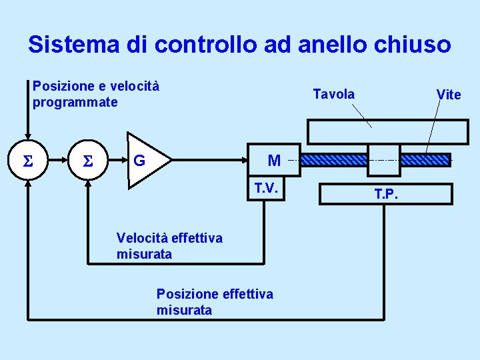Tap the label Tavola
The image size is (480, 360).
(x=333, y=94)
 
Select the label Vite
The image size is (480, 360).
(x=448, y=95)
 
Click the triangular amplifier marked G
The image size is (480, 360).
(x=147, y=161)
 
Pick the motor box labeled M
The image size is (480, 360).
(x=274, y=160)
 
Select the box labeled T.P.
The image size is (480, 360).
(x=386, y=193)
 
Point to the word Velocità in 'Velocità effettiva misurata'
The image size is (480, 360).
(x=141, y=238)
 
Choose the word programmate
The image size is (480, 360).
(x=75, y=103)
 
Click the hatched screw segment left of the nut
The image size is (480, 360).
(x=334, y=160)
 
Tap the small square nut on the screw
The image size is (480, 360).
(x=384, y=161)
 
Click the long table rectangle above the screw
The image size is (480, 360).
(x=387, y=131)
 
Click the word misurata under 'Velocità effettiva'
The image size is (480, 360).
(x=144, y=254)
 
